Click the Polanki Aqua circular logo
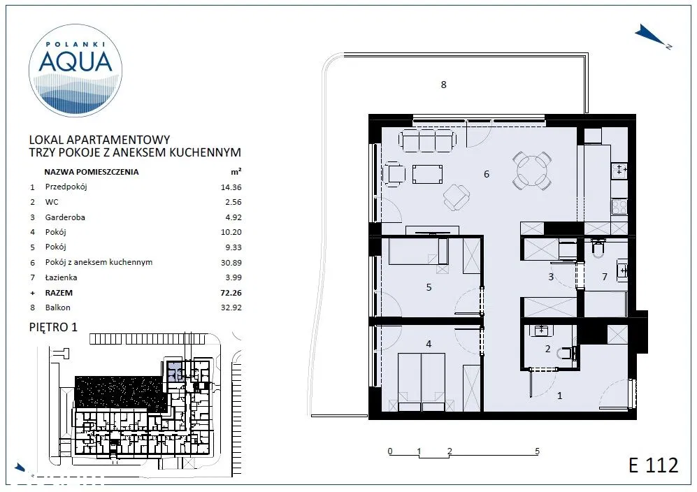75,71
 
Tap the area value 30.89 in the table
231,263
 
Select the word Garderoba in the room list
65,217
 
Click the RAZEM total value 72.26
231,293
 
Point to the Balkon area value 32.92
231,307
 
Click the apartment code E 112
654,465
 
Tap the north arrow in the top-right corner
652,36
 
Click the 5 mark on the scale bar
537,451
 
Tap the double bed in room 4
422,382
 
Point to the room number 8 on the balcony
443,85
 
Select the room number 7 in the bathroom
605,277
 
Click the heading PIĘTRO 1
53,327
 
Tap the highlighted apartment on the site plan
174,372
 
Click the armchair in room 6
457,197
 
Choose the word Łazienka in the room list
61,277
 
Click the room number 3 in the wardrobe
551,277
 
